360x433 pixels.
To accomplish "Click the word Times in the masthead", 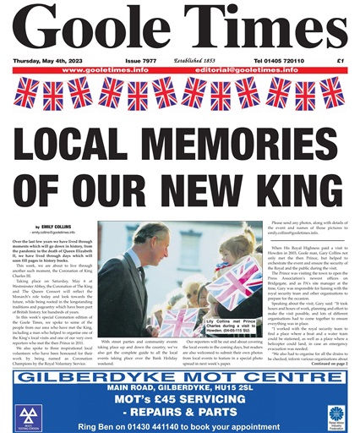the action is (259, 31).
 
